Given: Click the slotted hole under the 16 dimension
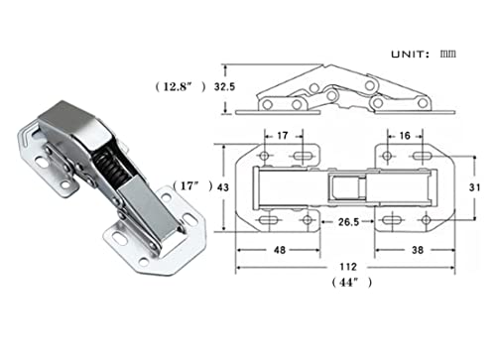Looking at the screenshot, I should click(x=415, y=157).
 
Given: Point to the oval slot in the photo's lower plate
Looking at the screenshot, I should click(x=121, y=241).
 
